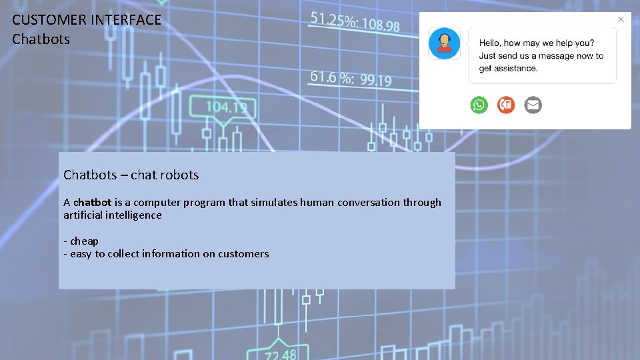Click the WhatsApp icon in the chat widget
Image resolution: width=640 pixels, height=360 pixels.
(479, 105)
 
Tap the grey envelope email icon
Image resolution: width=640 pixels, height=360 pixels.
(533, 105)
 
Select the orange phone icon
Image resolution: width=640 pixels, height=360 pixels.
(506, 105)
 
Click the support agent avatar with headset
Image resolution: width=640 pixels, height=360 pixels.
(443, 43)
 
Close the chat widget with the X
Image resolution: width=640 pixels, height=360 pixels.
(621, 19)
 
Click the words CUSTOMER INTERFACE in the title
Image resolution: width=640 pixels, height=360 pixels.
(87, 20)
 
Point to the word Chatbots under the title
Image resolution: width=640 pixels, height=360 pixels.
(41, 39)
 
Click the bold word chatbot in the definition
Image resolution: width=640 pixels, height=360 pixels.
(92, 202)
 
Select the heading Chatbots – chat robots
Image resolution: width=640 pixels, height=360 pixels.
(131, 175)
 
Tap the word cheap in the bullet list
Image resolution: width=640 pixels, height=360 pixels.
(84, 241)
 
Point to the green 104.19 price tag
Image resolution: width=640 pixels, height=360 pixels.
(226, 107)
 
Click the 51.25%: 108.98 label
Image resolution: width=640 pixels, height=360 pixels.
(355, 22)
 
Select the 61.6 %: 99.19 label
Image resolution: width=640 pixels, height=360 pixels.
(351, 78)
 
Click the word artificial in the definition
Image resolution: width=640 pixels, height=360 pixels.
(84, 215)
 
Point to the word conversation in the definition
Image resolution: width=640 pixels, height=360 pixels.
(368, 202)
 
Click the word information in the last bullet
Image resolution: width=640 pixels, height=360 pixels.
(169, 253)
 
